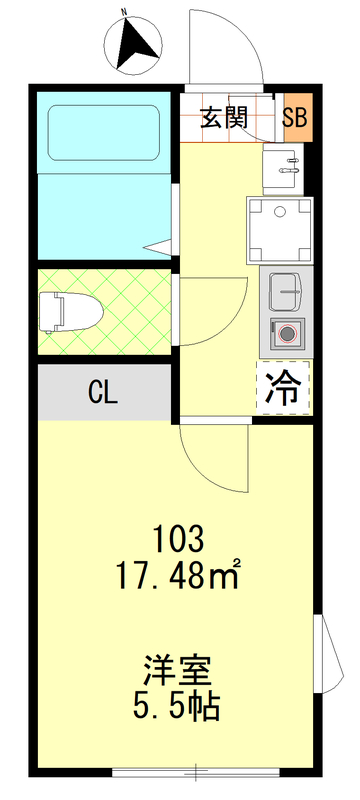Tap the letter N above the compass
pos(125,13)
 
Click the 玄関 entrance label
pos(223,117)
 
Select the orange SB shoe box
pos(296,117)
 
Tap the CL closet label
pos(103,392)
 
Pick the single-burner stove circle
pos(288,334)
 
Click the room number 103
pos(179,542)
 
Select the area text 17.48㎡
pos(179,578)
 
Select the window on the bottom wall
pos(196,771)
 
